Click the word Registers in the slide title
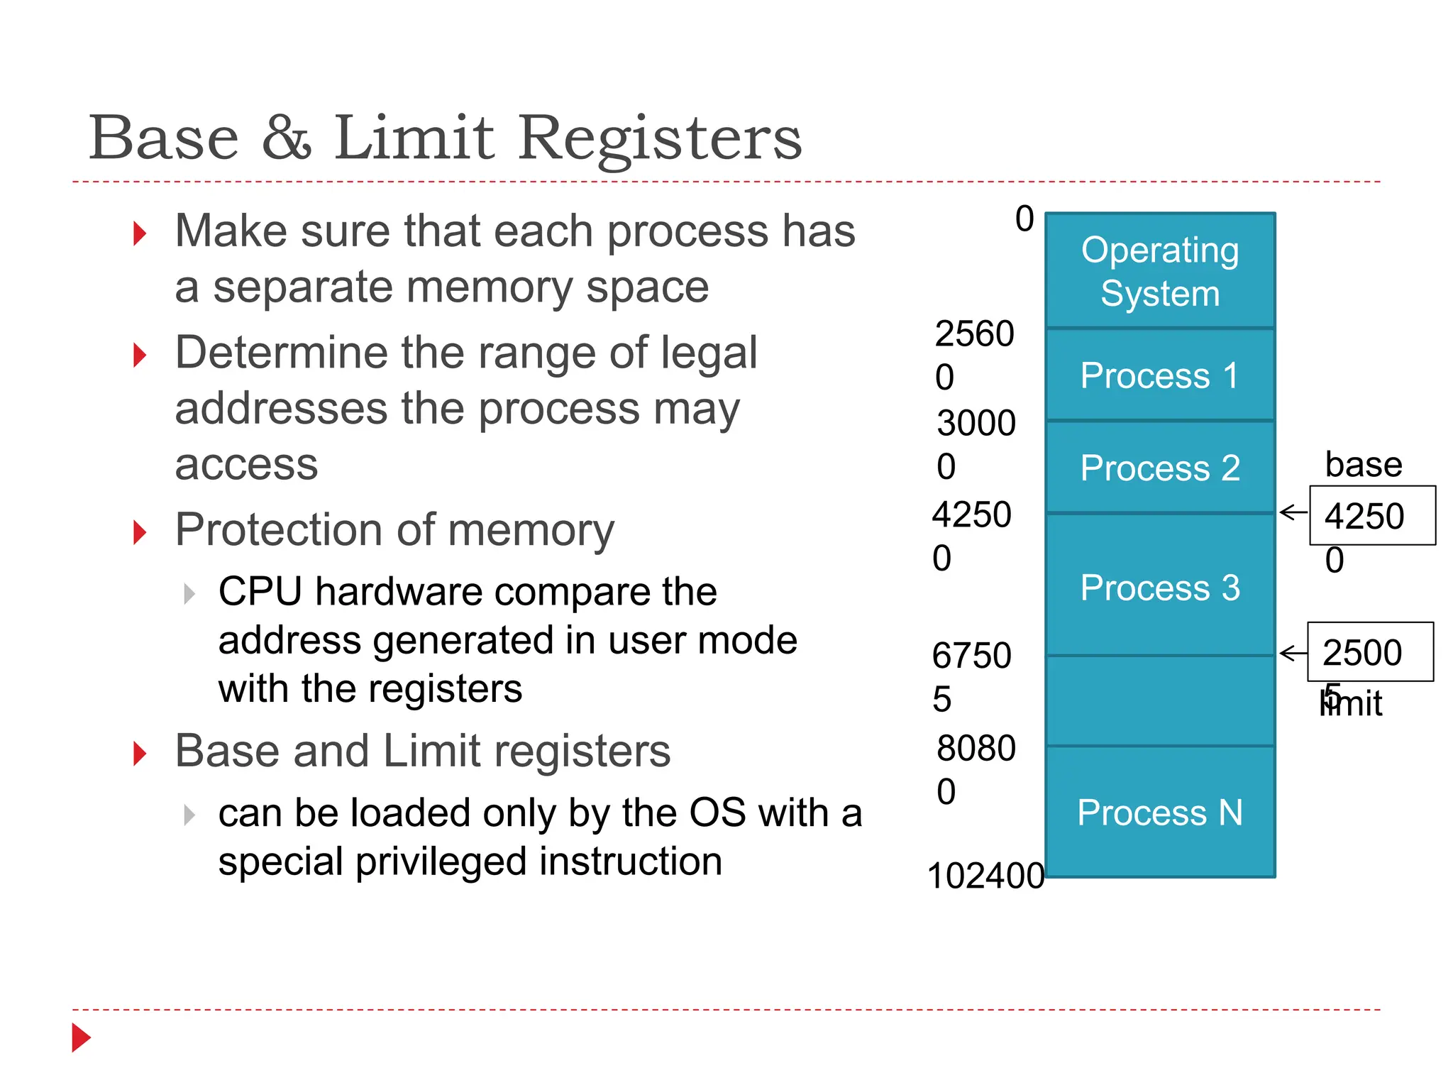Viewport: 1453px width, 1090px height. coord(660,138)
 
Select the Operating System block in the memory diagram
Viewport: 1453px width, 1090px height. coord(1160,271)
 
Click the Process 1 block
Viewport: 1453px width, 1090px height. coord(1160,375)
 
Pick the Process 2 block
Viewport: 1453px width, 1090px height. coord(1160,468)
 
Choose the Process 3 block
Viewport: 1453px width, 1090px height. coord(1160,587)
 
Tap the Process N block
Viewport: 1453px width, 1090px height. coord(1160,812)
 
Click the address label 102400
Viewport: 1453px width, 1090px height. coord(985,875)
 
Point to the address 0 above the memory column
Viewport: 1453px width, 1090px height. coord(1024,219)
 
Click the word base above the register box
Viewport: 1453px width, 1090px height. coord(1363,465)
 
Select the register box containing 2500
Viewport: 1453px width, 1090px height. coord(1370,652)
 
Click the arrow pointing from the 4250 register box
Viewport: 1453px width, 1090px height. coord(1293,512)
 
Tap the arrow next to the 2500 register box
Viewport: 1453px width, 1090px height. coord(1293,653)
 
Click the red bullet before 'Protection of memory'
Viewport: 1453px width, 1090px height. coord(140,532)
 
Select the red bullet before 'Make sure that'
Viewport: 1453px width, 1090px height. coord(140,233)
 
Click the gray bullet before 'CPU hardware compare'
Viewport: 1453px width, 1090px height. coord(189,593)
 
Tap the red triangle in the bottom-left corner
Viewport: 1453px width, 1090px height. coord(81,1037)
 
